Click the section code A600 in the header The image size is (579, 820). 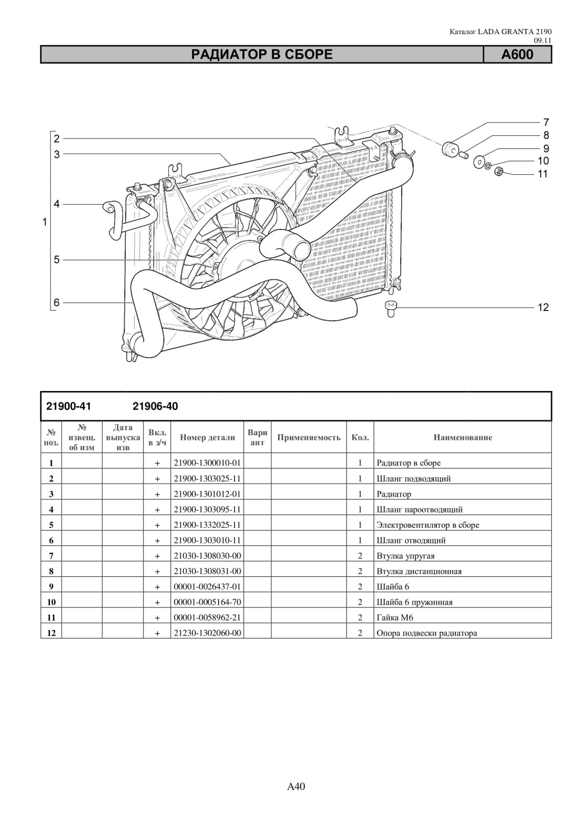pos(517,55)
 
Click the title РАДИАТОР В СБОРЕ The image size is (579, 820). pos(262,55)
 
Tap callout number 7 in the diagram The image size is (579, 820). pos(546,122)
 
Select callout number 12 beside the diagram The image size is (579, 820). pos(543,307)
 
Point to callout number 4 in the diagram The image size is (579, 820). pos(57,204)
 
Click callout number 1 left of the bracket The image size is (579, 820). pos(45,222)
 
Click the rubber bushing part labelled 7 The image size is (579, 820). pos(450,149)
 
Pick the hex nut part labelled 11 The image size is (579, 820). pos(499,171)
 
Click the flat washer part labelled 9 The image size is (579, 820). pos(479,162)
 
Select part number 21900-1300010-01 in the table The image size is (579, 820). pos(207,463)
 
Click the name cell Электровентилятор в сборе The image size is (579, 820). pos(428,525)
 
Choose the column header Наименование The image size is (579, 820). pos(463,437)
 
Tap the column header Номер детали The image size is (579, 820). pos(207,437)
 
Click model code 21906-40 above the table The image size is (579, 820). pos(155,407)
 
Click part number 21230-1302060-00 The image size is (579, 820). pos(207,633)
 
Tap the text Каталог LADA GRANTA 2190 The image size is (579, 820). pos(500,32)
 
